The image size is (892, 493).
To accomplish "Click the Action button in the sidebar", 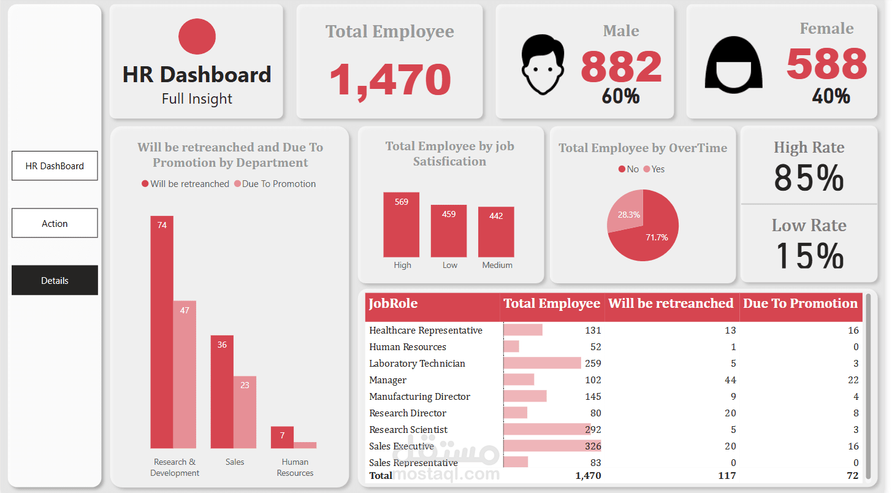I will [55, 223].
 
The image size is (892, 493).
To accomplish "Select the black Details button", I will [55, 280].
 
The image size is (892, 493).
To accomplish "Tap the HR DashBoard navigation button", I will [55, 166].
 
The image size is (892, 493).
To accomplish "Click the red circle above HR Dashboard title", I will [197, 36].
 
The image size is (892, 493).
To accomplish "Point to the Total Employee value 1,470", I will [390, 80].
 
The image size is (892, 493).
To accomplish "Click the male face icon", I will [542, 64].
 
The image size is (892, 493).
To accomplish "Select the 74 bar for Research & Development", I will [162, 331].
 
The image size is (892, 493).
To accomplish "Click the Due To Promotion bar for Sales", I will [245, 411].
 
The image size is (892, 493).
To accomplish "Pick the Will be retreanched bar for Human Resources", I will [282, 437].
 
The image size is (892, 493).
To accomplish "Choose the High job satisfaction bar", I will [402, 224].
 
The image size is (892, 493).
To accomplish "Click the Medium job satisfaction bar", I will [496, 232].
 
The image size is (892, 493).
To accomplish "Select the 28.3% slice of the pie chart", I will [626, 211].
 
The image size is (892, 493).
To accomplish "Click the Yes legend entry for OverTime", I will [654, 169].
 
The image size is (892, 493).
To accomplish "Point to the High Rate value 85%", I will [809, 178].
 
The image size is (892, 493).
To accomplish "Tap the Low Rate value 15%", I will [809, 255].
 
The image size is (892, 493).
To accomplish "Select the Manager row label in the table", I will [388, 380].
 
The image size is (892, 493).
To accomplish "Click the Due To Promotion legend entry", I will [275, 184].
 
